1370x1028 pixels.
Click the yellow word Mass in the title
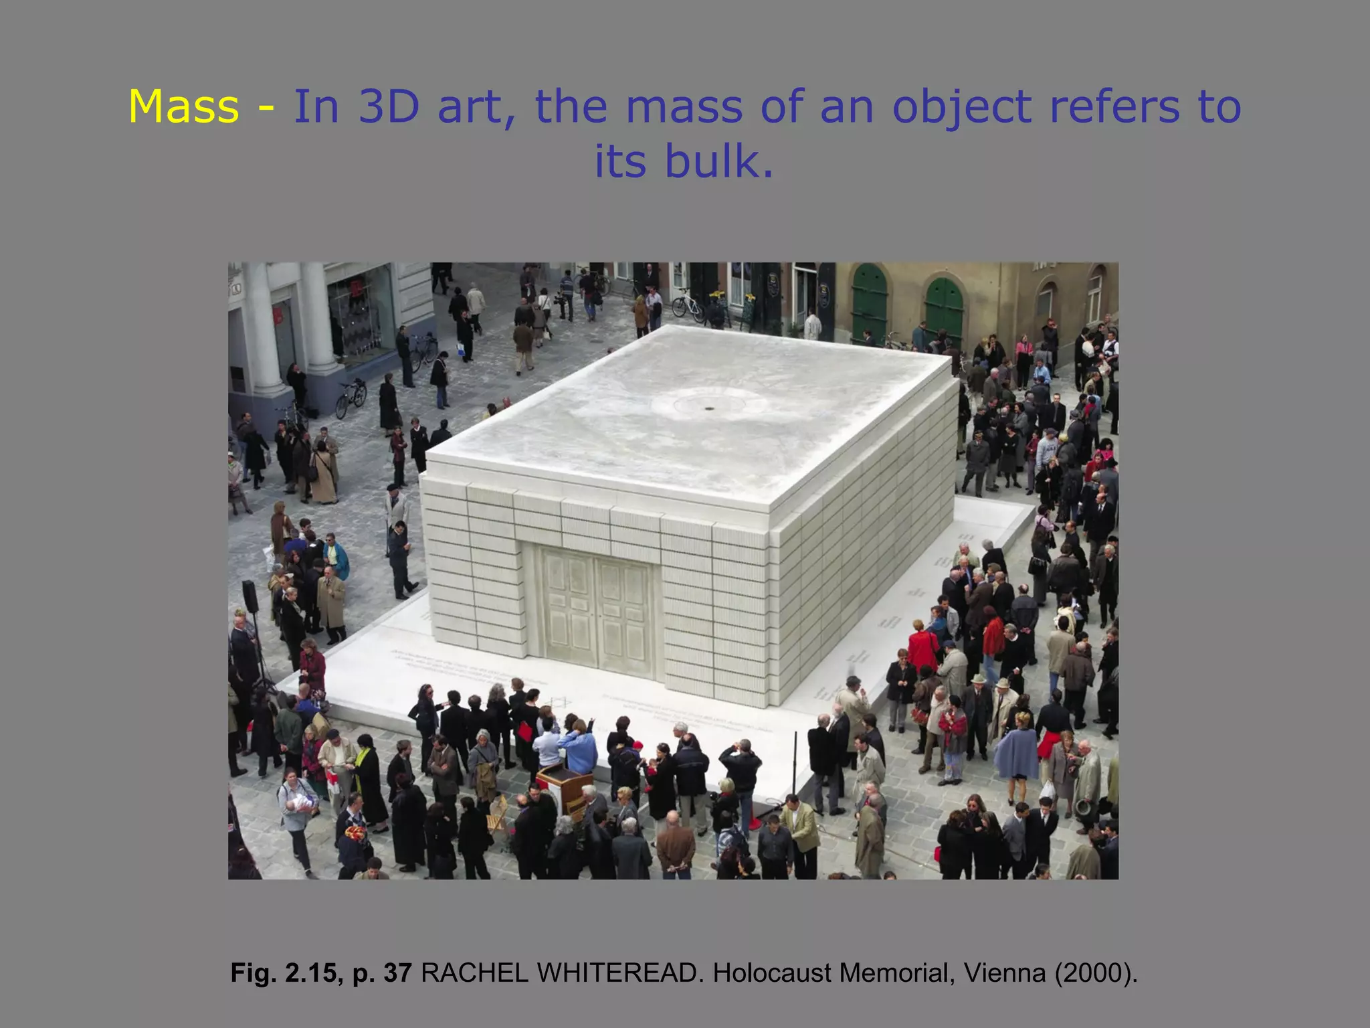[x=183, y=107]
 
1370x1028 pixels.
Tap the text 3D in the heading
[x=389, y=107]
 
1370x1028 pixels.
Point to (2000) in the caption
[x=1095, y=972]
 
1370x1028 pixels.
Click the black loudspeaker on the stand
[x=250, y=596]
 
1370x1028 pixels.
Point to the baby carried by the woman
[x=302, y=802]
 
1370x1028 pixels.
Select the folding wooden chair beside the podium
[x=497, y=813]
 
